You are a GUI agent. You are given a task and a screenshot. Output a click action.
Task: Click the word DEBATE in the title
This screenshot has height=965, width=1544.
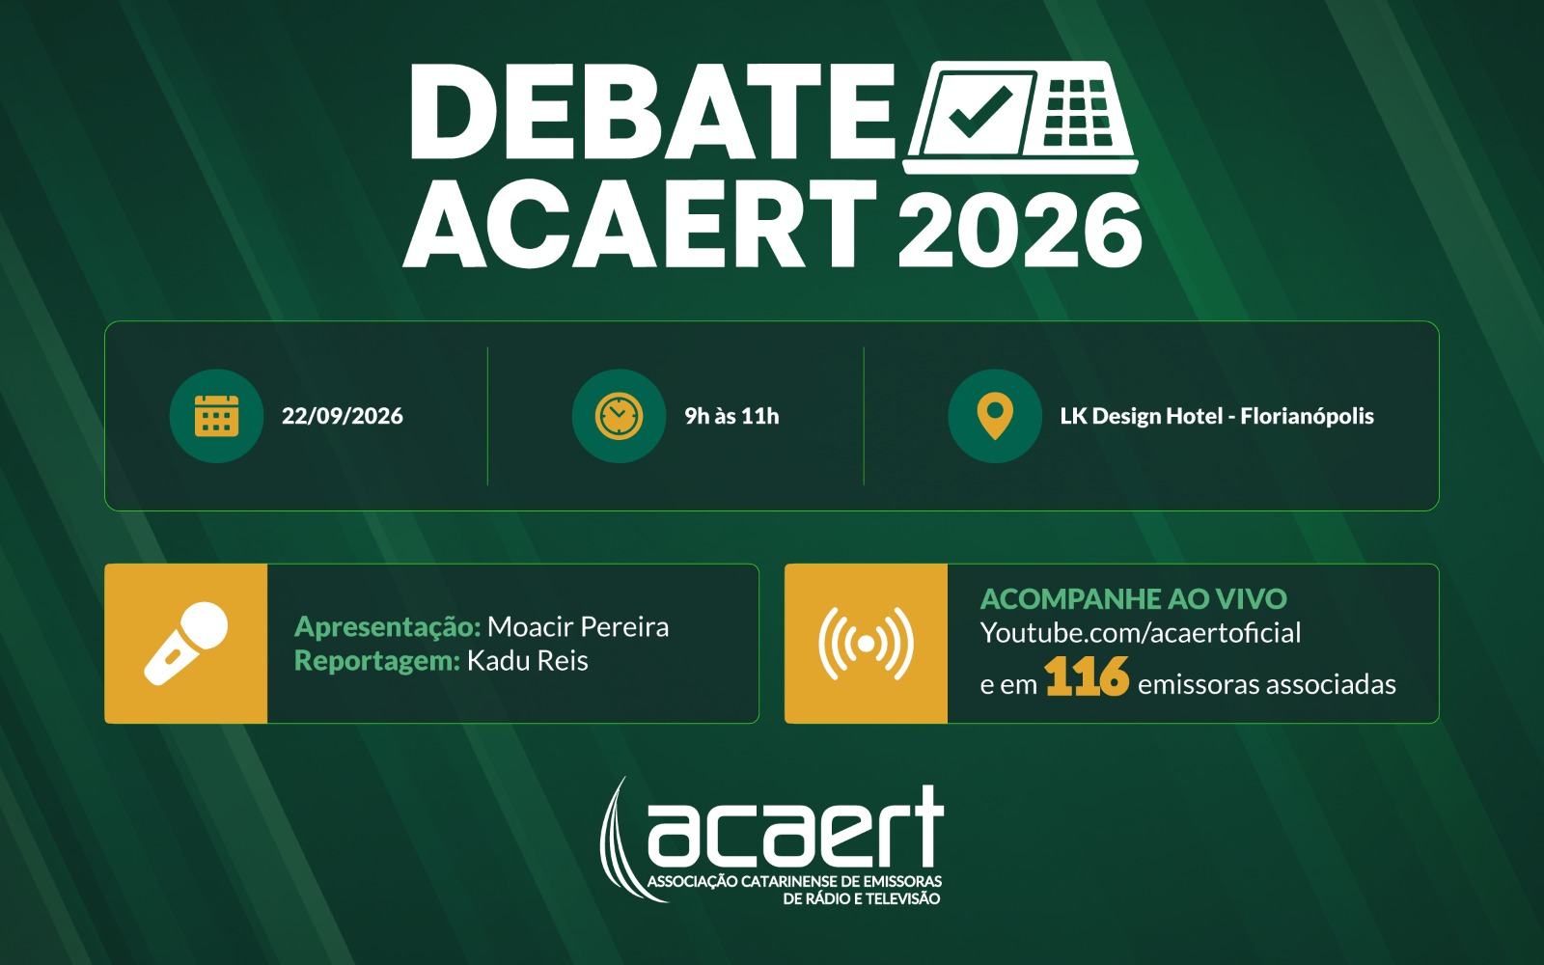[652, 112]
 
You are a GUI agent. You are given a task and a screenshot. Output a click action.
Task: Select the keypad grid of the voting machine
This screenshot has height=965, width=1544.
[1078, 112]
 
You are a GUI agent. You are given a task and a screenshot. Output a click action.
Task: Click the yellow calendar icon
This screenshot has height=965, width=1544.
[216, 416]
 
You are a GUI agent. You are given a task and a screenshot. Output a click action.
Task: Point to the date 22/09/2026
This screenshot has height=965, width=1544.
[343, 416]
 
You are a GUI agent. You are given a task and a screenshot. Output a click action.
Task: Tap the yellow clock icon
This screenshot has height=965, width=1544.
[619, 416]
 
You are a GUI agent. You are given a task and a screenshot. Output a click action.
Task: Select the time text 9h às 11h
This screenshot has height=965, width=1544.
[731, 416]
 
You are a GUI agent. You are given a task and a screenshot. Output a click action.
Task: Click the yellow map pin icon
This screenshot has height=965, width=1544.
[995, 416]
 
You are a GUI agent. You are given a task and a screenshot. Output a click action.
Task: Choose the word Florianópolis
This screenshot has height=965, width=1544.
[1307, 416]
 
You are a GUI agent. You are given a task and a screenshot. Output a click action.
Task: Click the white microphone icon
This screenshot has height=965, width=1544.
[185, 643]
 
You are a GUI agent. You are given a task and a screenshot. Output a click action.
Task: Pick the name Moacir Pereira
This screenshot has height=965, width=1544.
[578, 626]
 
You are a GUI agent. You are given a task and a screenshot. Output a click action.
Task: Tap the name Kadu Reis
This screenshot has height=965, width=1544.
[527, 660]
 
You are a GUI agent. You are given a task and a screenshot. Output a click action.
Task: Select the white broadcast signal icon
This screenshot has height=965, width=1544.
[866, 643]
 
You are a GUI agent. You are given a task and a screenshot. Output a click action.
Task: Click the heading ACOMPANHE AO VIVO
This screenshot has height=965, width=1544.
[1133, 599]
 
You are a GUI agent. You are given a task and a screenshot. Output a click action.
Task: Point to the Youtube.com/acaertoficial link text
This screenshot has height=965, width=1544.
[1141, 633]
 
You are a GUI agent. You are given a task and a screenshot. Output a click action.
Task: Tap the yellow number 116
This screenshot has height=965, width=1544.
[1087, 676]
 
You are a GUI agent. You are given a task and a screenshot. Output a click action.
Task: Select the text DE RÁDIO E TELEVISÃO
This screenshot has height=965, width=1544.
[862, 898]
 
